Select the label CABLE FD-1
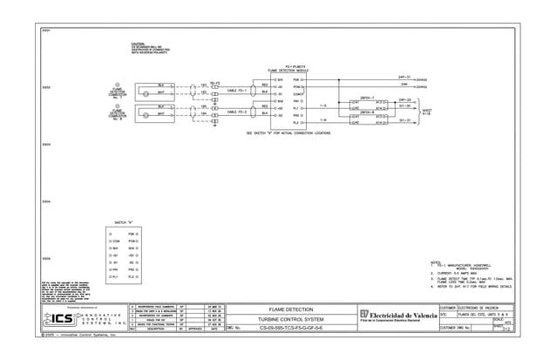click(x=238, y=89)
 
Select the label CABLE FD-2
click(x=238, y=112)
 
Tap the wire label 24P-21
click(x=404, y=77)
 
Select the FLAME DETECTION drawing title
click(x=289, y=309)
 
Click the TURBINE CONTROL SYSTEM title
click(x=289, y=319)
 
